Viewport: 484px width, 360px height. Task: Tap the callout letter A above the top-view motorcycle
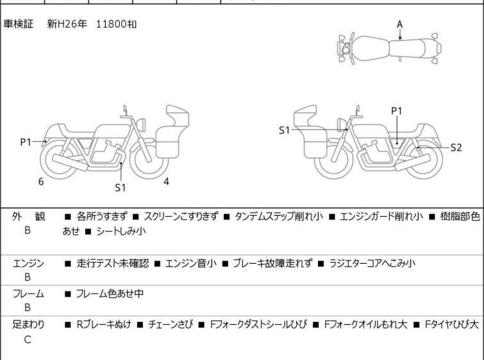click(x=399, y=24)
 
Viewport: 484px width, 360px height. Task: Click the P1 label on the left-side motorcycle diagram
click(x=26, y=142)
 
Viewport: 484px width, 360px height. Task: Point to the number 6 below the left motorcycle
click(x=40, y=182)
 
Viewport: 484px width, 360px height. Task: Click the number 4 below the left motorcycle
click(x=166, y=182)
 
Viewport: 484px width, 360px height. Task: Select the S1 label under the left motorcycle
click(x=121, y=187)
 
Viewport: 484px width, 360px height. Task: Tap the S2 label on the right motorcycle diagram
click(x=456, y=148)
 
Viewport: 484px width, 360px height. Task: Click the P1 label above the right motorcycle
click(x=397, y=111)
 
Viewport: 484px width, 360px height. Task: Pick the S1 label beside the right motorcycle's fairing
click(x=285, y=130)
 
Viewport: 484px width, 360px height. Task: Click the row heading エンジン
click(x=29, y=263)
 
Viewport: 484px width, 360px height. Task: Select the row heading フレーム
click(x=29, y=294)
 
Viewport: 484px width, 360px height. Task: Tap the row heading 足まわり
click(x=29, y=325)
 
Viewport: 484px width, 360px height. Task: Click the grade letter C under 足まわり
click(x=28, y=339)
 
